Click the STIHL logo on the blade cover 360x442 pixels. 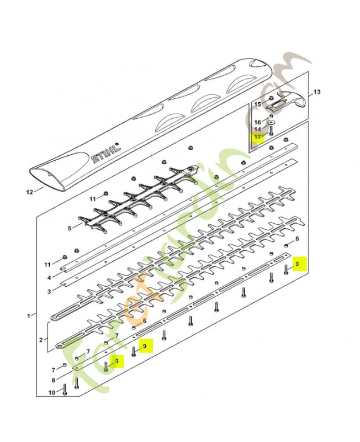tap(106, 153)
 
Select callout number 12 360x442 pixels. tap(30, 192)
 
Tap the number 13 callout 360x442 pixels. tap(316, 92)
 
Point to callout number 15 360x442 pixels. tap(258, 104)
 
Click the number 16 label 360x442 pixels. tap(258, 122)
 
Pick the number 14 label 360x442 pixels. tap(258, 129)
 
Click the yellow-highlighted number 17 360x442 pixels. tap(258, 137)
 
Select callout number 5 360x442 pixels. tap(70, 228)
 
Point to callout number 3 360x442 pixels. tap(49, 292)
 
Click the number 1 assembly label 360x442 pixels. tap(29, 316)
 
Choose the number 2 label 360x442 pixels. tap(41, 340)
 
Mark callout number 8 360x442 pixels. tap(54, 380)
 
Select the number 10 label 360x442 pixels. tap(52, 392)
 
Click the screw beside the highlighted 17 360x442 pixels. tap(271, 131)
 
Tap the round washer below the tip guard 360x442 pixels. tap(272, 123)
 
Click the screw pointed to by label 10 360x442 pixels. tap(65, 390)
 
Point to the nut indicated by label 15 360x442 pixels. tap(271, 98)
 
